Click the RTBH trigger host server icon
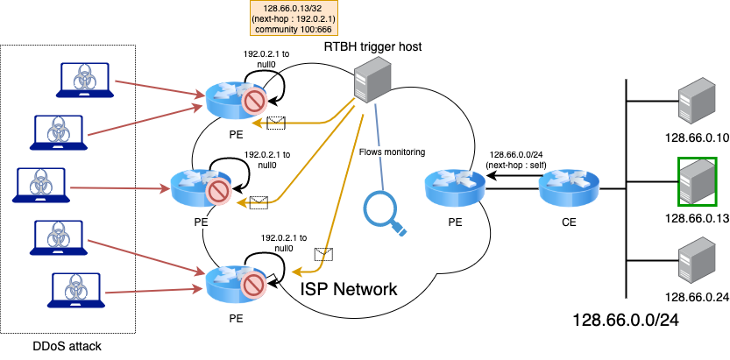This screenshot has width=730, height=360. [373, 80]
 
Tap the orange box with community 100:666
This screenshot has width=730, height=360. [294, 18]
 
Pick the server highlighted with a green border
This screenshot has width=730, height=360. [697, 181]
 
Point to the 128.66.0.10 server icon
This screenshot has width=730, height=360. [697, 101]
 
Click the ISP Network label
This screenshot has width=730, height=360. [349, 289]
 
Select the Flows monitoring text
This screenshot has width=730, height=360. [392, 152]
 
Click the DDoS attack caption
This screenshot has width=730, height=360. [67, 347]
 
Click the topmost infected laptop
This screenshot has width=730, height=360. [85, 80]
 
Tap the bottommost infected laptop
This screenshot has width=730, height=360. [77, 290]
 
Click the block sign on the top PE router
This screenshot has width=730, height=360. [254, 101]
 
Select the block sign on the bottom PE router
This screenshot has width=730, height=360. [254, 285]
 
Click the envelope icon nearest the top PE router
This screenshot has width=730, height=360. [276, 123]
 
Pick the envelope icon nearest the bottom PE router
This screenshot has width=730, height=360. [324, 254]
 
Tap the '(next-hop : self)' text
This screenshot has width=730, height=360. [514, 165]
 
